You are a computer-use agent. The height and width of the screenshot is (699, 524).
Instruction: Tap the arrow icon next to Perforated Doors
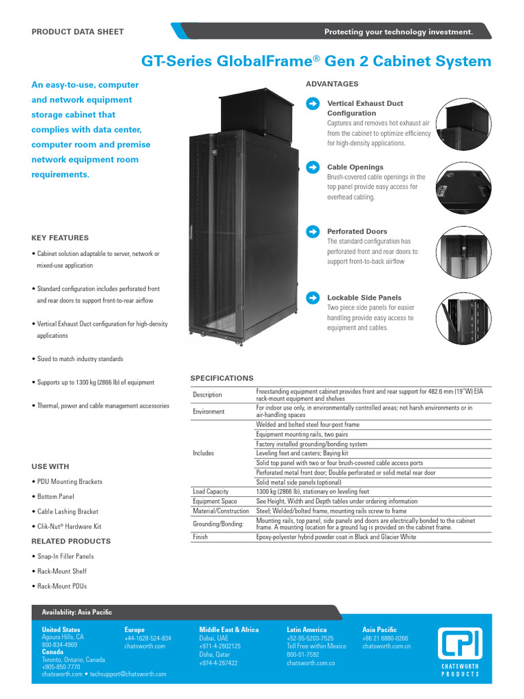(x=312, y=231)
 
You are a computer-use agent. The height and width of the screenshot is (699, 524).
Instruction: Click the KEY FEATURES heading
(x=60, y=238)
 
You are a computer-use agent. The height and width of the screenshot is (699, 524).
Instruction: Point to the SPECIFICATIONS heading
(x=222, y=378)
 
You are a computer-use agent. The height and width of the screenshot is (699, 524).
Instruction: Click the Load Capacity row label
(x=210, y=491)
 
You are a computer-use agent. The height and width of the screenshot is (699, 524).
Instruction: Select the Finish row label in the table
(x=201, y=537)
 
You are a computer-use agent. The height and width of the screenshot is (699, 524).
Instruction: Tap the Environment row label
(x=208, y=412)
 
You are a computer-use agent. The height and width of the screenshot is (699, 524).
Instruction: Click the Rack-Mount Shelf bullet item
(x=61, y=571)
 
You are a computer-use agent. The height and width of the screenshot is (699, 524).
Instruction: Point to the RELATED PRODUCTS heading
(x=71, y=541)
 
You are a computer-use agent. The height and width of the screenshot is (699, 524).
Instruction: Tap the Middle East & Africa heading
(x=229, y=629)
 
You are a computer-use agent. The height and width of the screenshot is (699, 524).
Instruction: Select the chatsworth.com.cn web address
(x=386, y=646)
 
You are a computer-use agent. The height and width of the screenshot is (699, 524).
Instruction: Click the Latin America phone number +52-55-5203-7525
(x=310, y=638)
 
